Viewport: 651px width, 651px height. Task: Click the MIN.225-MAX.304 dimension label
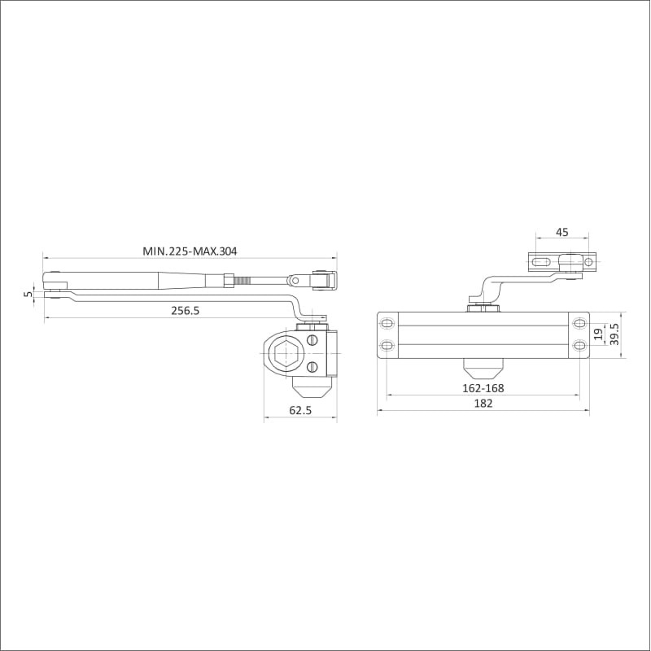(x=190, y=251)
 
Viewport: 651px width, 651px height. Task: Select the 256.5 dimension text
(x=186, y=311)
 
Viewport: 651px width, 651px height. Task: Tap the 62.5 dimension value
(x=300, y=410)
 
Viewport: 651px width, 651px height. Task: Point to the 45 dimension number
(x=561, y=232)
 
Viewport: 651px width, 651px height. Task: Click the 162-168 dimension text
(x=483, y=388)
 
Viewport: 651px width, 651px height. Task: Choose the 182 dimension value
(x=483, y=403)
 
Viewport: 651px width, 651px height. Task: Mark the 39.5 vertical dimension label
(x=614, y=334)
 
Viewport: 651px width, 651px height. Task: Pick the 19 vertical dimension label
(x=598, y=334)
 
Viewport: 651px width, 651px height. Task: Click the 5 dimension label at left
(x=28, y=294)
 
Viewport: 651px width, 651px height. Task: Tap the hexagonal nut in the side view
(x=283, y=354)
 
